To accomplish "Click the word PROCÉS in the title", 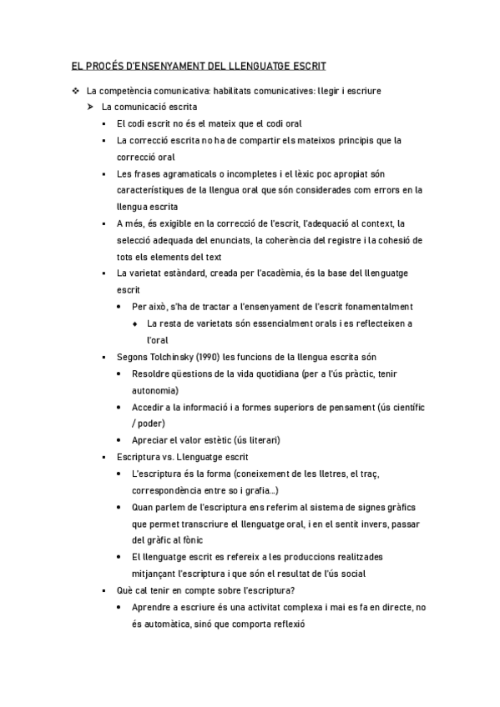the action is pos(102,65).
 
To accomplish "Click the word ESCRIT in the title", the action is pos(306,65).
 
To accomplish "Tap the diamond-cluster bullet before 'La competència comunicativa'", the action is pos(75,90).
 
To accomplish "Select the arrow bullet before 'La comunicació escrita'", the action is pos(90,107).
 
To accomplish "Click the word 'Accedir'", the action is pos(147,407).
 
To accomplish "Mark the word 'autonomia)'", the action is pos(154,390).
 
